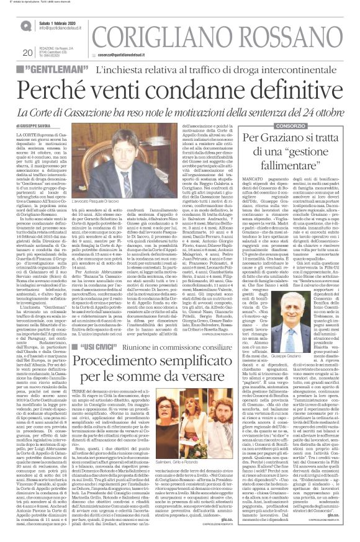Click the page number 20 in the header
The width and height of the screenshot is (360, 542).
pyautogui.click(x=28, y=53)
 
